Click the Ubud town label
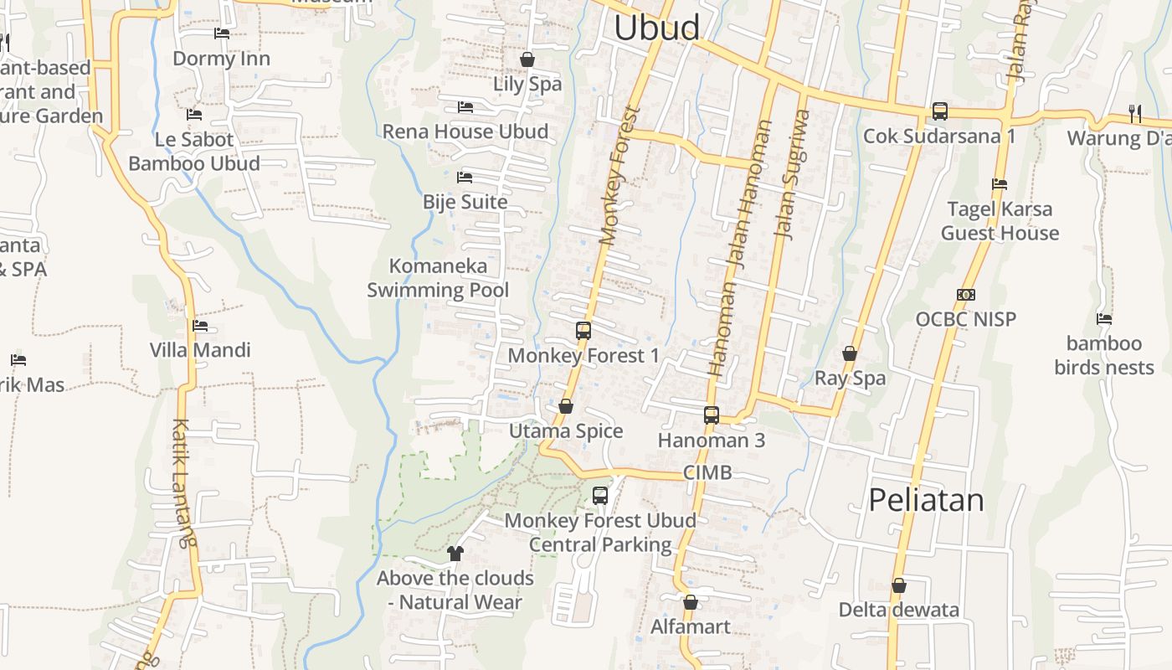657,28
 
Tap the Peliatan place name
926,500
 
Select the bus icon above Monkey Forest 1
583,331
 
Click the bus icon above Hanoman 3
712,415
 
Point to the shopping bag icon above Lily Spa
527,59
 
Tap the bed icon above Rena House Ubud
465,107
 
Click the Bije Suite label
465,202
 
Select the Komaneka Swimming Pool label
438,278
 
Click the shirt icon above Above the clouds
455,553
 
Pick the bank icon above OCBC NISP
965,295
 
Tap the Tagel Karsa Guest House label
1000,221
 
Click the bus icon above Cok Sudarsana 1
939,111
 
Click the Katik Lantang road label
184,482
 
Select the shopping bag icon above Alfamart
691,602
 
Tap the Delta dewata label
899,610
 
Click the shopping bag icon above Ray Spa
850,353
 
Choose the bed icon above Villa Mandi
199,326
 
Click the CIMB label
707,472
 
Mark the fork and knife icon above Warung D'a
1134,112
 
